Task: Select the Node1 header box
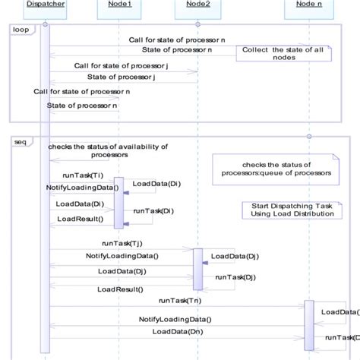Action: pos(119,5)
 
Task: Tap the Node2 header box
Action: pos(197,5)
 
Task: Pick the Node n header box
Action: pos(308,5)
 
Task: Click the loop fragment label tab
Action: pos(20,29)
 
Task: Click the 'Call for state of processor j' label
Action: pos(121,65)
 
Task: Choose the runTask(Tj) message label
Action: pos(120,245)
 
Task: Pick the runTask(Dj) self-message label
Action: pos(234,277)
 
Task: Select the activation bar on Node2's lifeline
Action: pos(197,269)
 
